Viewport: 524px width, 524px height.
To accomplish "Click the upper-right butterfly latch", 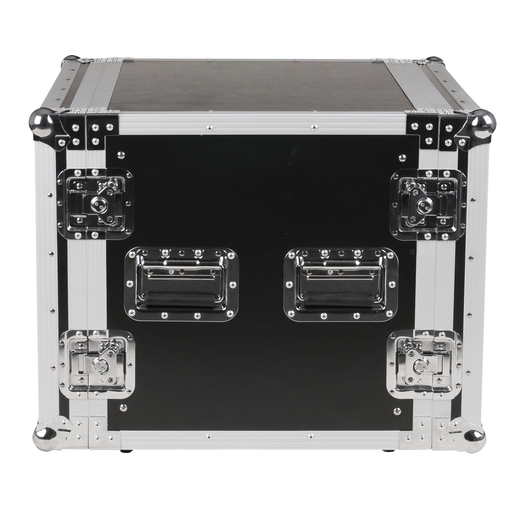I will [428, 205].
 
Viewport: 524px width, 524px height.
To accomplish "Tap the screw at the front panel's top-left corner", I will [121, 155].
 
